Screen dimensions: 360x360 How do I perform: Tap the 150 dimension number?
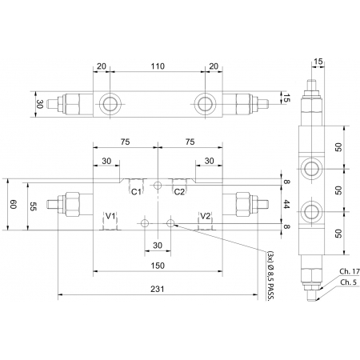[158, 265]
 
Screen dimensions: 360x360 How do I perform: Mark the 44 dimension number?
[286, 205]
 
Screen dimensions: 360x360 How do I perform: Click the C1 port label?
[136, 192]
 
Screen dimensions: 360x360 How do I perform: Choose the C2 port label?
[180, 192]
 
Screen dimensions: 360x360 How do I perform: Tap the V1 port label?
[110, 217]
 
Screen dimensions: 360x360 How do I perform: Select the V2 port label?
[206, 217]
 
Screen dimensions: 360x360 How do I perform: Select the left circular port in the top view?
[109, 102]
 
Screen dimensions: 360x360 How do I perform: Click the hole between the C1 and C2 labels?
[158, 186]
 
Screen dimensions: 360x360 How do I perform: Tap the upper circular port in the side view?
[309, 166]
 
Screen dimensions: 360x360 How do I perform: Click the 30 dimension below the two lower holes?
[157, 245]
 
